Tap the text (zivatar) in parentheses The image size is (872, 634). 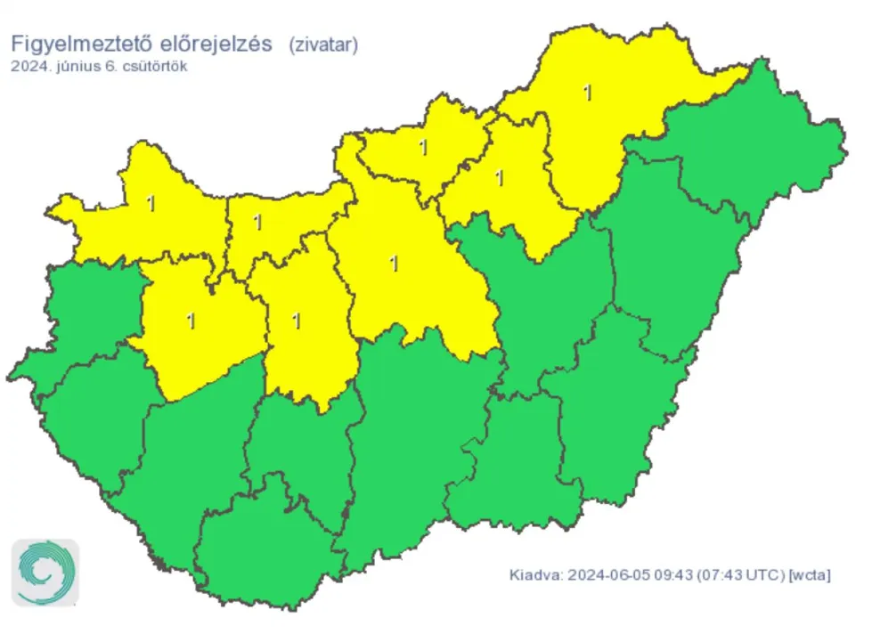[322, 45]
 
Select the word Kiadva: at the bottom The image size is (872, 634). [534, 575]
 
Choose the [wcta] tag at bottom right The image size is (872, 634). [811, 575]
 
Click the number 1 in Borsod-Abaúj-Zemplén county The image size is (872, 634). [587, 93]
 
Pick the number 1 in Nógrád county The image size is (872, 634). [423, 147]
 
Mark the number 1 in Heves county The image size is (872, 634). [500, 177]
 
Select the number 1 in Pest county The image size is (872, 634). [393, 263]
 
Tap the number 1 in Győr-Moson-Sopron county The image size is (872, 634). [151, 203]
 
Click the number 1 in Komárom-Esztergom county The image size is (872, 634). [258, 222]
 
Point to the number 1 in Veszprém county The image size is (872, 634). [191, 321]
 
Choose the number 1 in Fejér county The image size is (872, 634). [297, 321]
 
